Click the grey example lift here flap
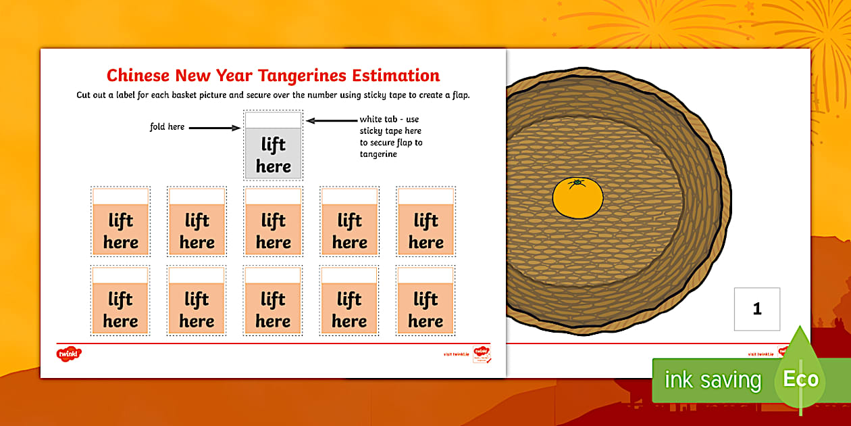pos(274,154)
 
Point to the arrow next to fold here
pos(214,126)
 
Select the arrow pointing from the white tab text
pos(330,121)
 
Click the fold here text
pos(167,126)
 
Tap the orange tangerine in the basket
pos(577,198)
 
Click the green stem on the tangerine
pos(577,183)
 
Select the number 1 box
pos(756,309)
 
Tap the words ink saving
pos(713,380)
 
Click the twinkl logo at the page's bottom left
pos(69,353)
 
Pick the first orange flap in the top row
pos(121,231)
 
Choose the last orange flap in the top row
pos(425,231)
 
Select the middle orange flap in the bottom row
pos(273,309)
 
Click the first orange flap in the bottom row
pos(121,309)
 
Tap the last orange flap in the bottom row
pos(425,309)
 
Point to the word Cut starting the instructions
pos(84,95)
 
